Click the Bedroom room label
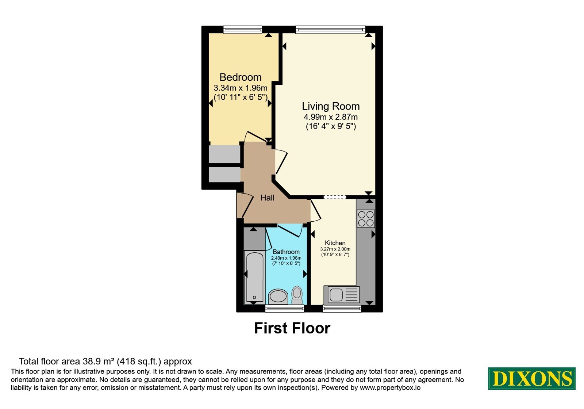[241, 77]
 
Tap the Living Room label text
[331, 106]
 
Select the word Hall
[267, 198]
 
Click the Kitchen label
[335, 243]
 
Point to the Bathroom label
[286, 252]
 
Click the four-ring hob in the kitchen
[366, 219]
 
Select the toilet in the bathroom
[297, 295]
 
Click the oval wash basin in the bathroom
[278, 296]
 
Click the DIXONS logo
[531, 378]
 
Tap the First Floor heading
[292, 328]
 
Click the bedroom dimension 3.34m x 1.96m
[241, 88]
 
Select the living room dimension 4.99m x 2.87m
[331, 117]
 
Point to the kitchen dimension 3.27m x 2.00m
[335, 249]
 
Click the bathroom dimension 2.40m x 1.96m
[286, 258]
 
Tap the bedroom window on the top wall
[242, 30]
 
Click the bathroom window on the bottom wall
[284, 309]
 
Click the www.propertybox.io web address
[390, 387]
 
